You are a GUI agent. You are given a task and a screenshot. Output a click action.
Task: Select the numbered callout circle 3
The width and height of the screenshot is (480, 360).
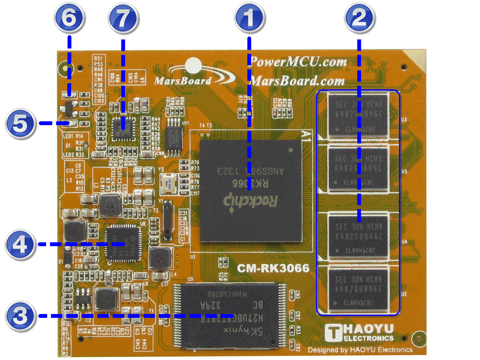pyautogui.click(x=20, y=315)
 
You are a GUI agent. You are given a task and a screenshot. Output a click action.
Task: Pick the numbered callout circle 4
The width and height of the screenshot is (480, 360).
pyautogui.click(x=20, y=244)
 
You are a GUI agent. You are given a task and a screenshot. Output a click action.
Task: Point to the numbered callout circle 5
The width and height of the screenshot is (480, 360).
pyautogui.click(x=20, y=124)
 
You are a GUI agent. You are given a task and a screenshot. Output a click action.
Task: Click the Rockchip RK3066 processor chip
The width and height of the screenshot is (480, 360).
pyautogui.click(x=251, y=190)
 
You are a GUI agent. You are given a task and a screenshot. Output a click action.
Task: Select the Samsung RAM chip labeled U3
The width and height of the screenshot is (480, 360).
pyautogui.click(x=359, y=114)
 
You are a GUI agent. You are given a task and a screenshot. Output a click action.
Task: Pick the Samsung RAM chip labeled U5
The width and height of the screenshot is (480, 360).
pyautogui.click(x=359, y=168)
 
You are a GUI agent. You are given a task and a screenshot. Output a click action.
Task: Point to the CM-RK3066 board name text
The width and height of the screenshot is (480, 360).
pyautogui.click(x=273, y=269)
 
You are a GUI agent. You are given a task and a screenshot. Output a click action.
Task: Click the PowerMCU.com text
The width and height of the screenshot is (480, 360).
pyautogui.click(x=298, y=61)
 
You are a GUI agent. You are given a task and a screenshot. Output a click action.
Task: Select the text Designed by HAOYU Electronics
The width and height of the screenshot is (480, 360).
pyautogui.click(x=360, y=350)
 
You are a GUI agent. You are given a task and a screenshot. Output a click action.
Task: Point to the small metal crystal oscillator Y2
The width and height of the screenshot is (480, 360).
pyautogui.click(x=168, y=184)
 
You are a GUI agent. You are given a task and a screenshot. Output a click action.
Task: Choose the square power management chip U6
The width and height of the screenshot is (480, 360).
pyautogui.click(x=123, y=242)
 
